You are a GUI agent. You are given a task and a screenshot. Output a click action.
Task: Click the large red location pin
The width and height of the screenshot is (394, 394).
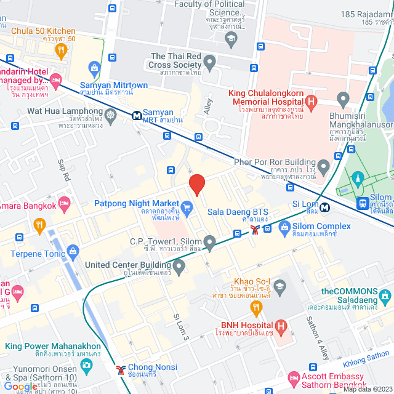196,184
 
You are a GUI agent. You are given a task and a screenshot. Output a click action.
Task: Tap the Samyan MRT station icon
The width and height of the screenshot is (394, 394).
135,115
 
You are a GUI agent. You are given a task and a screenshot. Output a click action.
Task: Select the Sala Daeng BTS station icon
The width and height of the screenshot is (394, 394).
254,230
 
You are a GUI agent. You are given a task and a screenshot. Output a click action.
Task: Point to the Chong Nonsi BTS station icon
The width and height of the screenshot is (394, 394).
121,369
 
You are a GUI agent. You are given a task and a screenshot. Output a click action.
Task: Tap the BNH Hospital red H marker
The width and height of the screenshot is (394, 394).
281,325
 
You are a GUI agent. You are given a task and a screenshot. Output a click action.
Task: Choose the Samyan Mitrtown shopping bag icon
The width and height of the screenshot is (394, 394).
94,68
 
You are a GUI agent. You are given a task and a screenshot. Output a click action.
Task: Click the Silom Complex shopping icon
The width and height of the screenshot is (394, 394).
284,229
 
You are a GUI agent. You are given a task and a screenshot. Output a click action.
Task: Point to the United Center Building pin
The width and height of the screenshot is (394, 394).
179,267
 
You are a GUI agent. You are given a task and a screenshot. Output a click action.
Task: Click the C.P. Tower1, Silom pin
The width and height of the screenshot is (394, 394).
209,244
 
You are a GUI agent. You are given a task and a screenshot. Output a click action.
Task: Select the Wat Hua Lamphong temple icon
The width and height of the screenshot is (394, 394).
110,114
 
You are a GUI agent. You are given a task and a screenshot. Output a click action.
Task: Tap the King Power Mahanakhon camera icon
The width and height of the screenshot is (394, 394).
86,364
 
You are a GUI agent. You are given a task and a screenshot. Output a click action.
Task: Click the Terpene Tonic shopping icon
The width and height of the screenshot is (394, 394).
74,250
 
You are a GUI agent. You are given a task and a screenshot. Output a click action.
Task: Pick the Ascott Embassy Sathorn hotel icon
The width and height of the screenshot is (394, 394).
294,377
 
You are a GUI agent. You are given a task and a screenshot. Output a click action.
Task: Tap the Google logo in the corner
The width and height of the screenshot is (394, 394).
20,386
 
